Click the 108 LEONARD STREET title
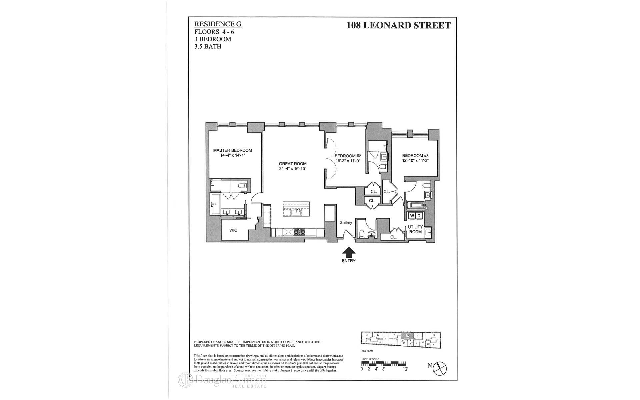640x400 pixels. click(398, 25)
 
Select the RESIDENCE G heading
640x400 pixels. click(218, 24)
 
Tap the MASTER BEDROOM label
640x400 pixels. click(232, 150)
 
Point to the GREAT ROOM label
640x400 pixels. click(293, 164)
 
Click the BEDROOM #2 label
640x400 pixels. click(348, 156)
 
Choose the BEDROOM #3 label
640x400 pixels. click(415, 156)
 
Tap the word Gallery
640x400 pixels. click(346, 223)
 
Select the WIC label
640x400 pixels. click(233, 230)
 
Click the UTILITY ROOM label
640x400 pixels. click(415, 229)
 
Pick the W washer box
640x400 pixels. click(412, 216)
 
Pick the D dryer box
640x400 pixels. click(419, 216)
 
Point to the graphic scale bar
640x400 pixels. click(384, 363)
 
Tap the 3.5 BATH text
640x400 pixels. click(208, 46)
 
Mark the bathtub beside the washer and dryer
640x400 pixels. click(415, 205)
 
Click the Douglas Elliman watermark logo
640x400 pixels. click(222, 380)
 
